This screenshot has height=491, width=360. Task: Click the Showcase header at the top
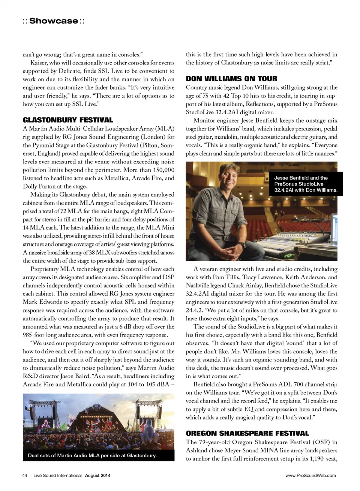point(54,21)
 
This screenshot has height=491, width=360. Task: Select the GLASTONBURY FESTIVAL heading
point(68,120)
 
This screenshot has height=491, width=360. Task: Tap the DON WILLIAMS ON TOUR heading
point(231,79)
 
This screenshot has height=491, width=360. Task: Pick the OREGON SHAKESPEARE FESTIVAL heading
point(247,433)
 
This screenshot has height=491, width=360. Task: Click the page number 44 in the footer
point(25,475)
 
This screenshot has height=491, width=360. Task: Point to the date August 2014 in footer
point(97,475)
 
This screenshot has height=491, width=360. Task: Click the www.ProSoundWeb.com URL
point(310,475)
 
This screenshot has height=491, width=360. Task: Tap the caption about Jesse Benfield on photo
point(305,184)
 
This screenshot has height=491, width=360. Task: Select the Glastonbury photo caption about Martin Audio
point(92,455)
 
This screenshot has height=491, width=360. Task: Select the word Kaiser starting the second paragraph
point(39,63)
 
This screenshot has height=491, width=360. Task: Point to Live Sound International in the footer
point(57,475)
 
